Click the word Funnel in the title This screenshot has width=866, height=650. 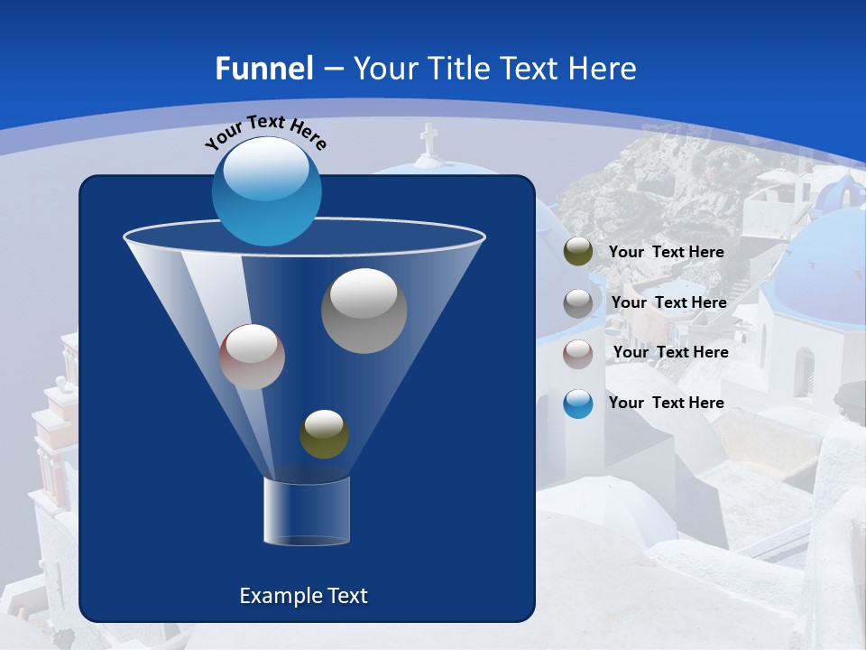[x=263, y=69]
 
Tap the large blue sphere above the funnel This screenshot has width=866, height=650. [x=266, y=190]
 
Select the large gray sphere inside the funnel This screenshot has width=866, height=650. [x=364, y=311]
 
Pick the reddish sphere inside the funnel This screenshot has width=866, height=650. [x=252, y=357]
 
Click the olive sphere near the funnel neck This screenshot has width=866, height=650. [x=324, y=434]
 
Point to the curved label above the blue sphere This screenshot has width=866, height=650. [x=265, y=131]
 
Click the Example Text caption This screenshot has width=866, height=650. [x=303, y=596]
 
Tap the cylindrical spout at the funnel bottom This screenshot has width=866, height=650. [x=306, y=511]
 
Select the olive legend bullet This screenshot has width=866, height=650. [x=578, y=252]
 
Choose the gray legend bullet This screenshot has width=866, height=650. [x=578, y=302]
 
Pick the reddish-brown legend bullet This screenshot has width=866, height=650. [x=578, y=353]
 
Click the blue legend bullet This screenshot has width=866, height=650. [x=578, y=404]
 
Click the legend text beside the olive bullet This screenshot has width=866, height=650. [x=666, y=252]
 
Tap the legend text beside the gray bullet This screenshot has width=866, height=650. [x=668, y=302]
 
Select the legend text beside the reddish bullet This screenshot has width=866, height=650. [x=670, y=352]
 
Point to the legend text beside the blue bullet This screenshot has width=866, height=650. [x=666, y=403]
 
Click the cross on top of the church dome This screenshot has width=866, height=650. [x=428, y=141]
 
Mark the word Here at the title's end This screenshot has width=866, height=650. [x=603, y=69]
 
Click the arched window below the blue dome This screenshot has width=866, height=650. [x=803, y=370]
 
